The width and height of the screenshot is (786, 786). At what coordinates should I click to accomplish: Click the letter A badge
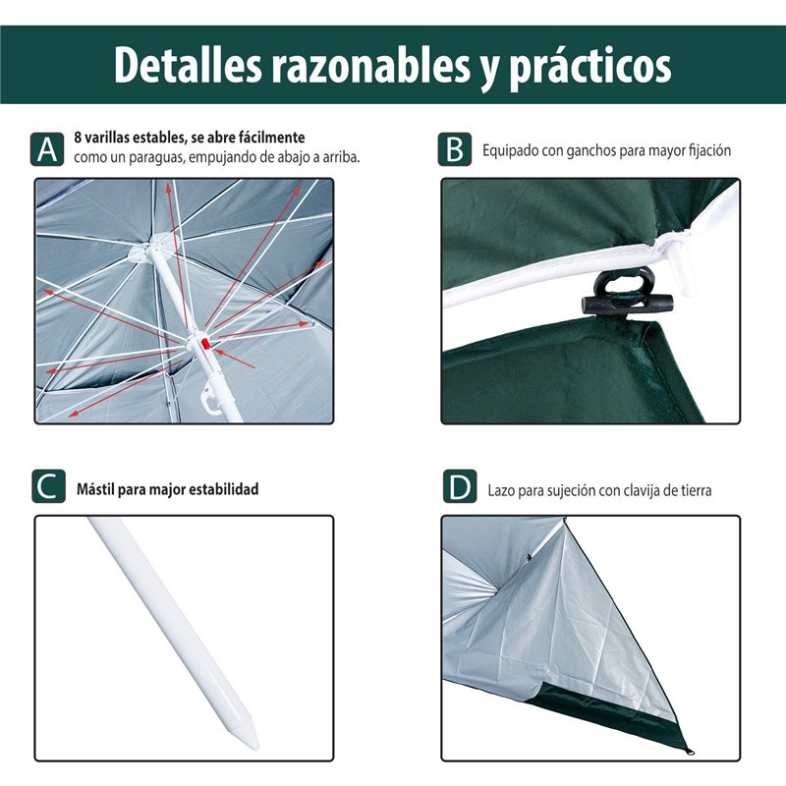[x=47, y=149]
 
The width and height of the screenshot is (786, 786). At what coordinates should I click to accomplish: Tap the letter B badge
[x=455, y=149]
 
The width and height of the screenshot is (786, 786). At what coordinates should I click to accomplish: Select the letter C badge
[x=48, y=486]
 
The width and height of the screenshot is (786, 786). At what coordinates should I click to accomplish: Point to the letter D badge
[x=460, y=486]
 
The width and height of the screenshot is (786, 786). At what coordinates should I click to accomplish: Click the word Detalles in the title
[x=189, y=66]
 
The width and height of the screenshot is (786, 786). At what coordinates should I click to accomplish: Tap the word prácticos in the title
[x=590, y=67]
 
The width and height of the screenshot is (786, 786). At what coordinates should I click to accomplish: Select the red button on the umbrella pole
[x=205, y=344]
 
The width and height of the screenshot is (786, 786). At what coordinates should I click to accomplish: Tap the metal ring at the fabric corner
[x=690, y=752]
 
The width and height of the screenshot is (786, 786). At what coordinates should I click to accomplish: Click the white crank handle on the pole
[x=210, y=401]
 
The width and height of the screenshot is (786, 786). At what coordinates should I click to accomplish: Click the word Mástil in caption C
[x=94, y=488]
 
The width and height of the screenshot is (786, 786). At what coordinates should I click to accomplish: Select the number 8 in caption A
[x=78, y=138]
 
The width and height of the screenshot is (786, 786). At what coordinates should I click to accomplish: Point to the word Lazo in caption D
[x=501, y=490]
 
